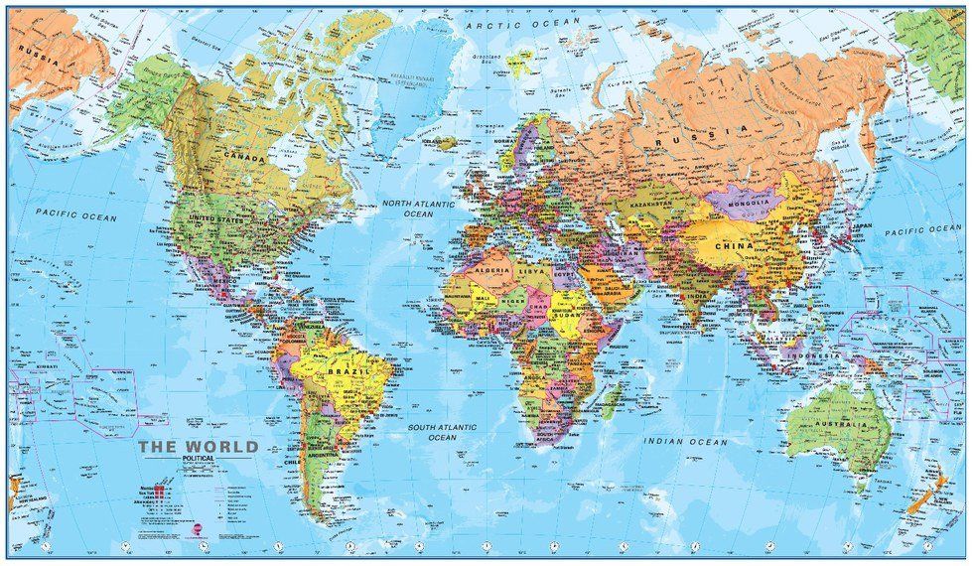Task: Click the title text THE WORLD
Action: tap(198, 446)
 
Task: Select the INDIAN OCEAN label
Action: tap(686, 440)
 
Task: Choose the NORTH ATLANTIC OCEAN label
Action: tap(419, 208)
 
